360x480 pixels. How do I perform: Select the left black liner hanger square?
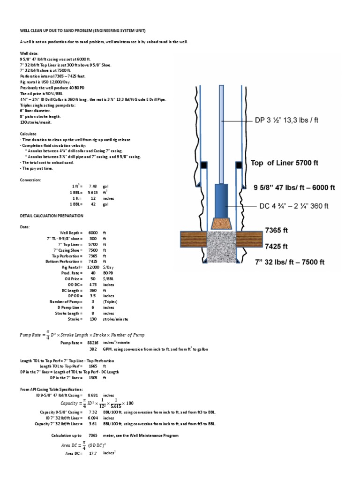click(x=204, y=165)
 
